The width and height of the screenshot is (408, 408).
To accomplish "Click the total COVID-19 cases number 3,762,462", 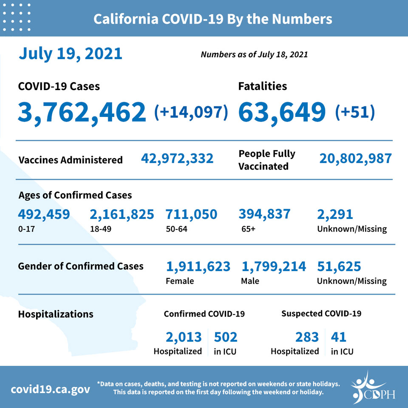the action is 82,113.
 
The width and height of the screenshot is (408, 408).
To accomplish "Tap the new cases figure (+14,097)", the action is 191,112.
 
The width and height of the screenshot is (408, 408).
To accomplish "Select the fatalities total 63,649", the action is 282,113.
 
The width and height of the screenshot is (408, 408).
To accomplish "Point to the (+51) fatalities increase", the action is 355,112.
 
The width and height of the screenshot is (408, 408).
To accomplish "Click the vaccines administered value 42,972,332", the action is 177,159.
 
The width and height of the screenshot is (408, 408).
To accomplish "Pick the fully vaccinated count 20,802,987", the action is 355,159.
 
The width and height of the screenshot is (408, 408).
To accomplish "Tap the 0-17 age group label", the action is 26,229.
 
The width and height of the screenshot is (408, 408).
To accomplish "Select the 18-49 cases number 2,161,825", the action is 122,214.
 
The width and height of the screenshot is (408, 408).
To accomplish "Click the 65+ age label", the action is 249,229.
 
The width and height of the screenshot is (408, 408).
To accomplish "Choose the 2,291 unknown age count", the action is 335,214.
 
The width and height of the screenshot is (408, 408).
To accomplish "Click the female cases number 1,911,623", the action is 198,266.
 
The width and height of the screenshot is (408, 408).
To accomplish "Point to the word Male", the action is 250,281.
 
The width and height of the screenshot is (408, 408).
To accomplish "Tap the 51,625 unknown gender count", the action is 339,266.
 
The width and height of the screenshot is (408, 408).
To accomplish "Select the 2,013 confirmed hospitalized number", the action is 184,337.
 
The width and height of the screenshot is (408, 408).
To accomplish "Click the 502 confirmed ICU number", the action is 226,337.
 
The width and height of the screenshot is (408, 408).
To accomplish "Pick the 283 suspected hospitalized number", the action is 307,337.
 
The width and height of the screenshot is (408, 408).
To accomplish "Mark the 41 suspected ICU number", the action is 339,337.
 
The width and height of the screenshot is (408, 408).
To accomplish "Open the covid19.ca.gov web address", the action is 51,390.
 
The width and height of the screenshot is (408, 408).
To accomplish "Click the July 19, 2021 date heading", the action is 71,54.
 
